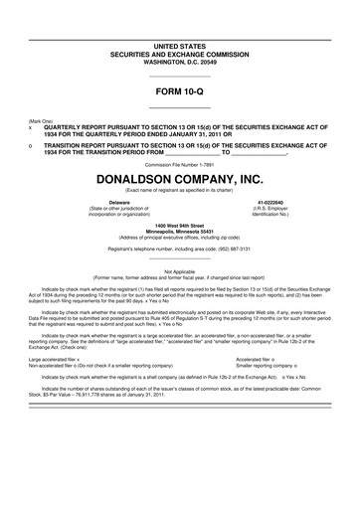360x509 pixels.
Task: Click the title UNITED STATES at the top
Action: pyautogui.click(x=179, y=46)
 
